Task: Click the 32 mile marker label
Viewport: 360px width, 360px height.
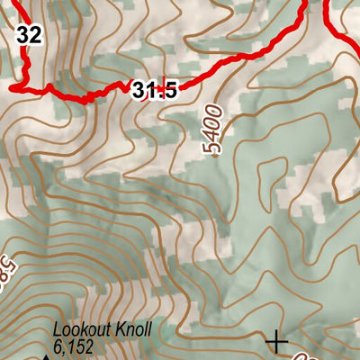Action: coord(29,35)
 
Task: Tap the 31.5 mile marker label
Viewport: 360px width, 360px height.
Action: coord(153,89)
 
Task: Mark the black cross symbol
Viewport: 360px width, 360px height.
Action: coord(277,341)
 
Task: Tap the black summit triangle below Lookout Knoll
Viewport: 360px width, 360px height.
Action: coord(46,356)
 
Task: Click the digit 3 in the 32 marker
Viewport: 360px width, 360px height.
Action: coord(22,35)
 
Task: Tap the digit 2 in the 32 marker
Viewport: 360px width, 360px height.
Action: coord(35,35)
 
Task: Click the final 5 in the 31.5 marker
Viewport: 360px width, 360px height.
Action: coord(167,89)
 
